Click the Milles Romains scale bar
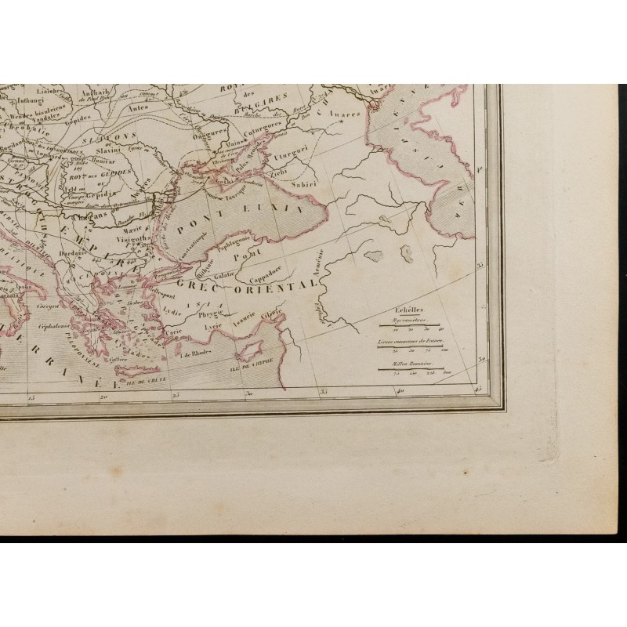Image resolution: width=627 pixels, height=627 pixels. (x=408, y=368)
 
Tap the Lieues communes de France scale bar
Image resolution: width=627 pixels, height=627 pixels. (x=408, y=346)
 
